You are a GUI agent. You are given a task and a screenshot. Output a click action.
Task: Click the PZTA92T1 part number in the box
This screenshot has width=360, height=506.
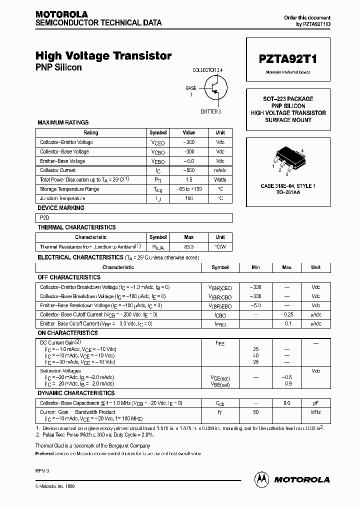point(288,58)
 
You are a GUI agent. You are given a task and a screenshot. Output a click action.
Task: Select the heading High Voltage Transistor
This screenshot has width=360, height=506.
point(103,56)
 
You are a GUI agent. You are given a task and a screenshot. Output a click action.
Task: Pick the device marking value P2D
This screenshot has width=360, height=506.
point(44,217)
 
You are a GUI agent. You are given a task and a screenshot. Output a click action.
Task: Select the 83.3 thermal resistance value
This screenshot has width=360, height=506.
point(189,246)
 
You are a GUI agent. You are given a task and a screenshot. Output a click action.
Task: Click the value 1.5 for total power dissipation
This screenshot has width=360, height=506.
point(189,179)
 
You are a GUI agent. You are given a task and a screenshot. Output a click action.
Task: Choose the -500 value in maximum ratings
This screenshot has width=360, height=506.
point(189,170)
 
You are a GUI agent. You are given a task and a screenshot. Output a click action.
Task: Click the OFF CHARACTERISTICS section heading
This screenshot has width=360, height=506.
point(69,277)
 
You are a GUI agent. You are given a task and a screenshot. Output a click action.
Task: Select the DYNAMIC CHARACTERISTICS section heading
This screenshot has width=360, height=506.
point(76,393)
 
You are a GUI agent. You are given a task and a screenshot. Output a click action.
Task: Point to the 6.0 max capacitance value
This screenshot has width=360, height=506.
point(287,402)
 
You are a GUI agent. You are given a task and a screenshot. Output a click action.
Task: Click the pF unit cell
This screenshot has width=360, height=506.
point(315,402)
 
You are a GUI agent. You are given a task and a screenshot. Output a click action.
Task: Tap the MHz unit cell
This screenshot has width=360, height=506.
point(315,412)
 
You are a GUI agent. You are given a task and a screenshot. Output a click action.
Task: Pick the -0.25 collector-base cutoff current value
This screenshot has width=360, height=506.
point(287,314)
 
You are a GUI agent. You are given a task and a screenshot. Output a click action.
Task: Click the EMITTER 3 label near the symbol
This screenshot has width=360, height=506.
point(210,111)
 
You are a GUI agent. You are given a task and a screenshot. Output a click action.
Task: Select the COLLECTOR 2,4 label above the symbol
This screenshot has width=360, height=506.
point(211,70)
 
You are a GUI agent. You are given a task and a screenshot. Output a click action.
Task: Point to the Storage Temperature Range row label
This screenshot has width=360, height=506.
point(69,189)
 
